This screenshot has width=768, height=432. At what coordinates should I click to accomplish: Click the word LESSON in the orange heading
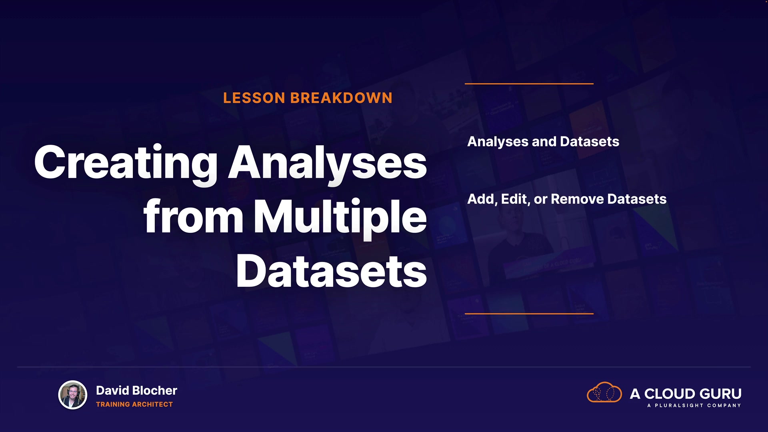click(x=254, y=98)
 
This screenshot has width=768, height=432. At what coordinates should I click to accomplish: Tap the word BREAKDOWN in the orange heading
click(x=341, y=98)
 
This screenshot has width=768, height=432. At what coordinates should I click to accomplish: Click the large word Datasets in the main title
click(x=332, y=271)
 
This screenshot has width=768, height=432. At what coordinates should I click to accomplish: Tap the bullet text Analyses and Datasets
click(x=543, y=142)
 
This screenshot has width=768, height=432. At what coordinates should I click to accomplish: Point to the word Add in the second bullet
click(x=482, y=199)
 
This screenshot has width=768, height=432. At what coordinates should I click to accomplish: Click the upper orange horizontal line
click(x=529, y=84)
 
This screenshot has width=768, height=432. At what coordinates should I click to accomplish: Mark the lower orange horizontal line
click(x=529, y=314)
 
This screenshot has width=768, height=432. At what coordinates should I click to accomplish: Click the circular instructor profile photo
click(x=73, y=395)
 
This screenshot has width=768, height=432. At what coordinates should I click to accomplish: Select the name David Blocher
click(x=136, y=390)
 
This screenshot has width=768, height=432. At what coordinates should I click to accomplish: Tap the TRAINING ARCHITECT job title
click(x=134, y=404)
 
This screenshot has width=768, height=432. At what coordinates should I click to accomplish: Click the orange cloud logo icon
click(x=604, y=392)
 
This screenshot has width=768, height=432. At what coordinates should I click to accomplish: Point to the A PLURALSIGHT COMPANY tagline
click(x=694, y=406)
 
